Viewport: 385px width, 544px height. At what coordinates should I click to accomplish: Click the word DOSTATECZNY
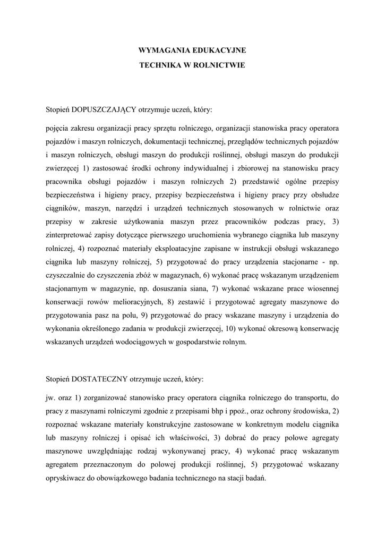click(x=99, y=380)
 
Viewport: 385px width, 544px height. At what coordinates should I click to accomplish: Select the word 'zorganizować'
click(x=109, y=398)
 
